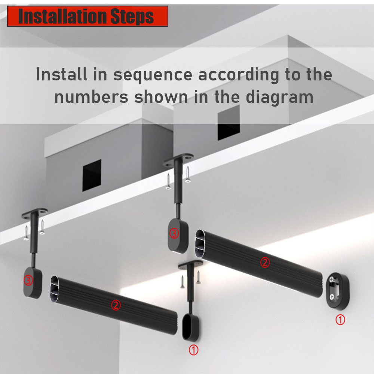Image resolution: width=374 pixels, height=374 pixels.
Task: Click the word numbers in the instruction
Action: click(x=91, y=97)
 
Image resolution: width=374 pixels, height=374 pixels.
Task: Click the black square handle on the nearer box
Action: click(x=92, y=175)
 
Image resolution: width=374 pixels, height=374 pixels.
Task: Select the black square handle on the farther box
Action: click(x=229, y=122)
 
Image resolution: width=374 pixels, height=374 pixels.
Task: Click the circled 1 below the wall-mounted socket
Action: click(x=340, y=320)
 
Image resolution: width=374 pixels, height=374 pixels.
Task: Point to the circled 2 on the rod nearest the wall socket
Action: click(x=264, y=263)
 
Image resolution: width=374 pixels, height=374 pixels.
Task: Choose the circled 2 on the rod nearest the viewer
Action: click(x=116, y=306)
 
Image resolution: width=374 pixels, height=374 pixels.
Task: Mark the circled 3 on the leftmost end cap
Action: click(x=28, y=280)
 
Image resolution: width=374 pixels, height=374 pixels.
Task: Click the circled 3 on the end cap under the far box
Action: click(x=174, y=234)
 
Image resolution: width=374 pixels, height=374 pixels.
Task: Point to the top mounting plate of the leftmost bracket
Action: click(x=36, y=213)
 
